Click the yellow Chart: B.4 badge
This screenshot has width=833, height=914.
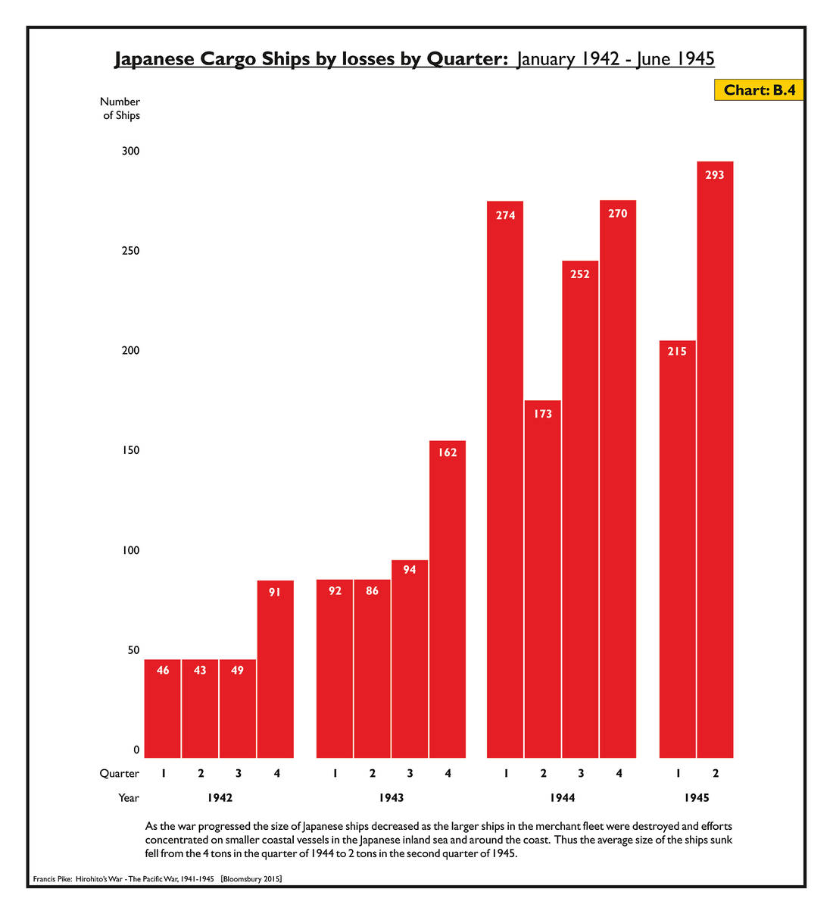click(759, 90)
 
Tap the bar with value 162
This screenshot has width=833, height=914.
click(448, 599)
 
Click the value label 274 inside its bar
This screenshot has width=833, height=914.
click(505, 215)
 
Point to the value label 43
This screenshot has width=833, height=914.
click(200, 670)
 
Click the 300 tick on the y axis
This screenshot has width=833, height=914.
click(131, 152)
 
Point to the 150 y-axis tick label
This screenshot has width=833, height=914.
click(131, 451)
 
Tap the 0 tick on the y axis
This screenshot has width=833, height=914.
click(136, 750)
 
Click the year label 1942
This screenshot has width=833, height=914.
click(220, 798)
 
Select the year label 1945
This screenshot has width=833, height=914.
click(697, 798)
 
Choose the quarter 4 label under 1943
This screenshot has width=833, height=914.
click(448, 774)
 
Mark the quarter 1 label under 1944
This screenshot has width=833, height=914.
click(506, 774)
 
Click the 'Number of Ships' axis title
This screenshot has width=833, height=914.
click(121, 108)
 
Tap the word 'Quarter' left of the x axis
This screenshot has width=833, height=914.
click(120, 774)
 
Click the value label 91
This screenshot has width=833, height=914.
click(275, 592)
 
